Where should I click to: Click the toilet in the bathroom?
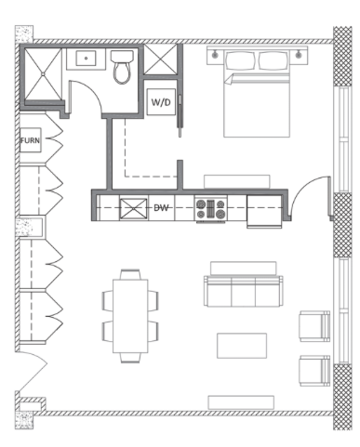point(122,70)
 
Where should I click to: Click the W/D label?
point(160,101)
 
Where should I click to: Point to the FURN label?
point(30,141)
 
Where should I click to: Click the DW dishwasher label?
point(162,207)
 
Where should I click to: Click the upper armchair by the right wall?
point(313,325)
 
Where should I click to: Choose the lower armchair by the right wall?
point(313,370)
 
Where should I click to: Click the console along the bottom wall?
point(241,401)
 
